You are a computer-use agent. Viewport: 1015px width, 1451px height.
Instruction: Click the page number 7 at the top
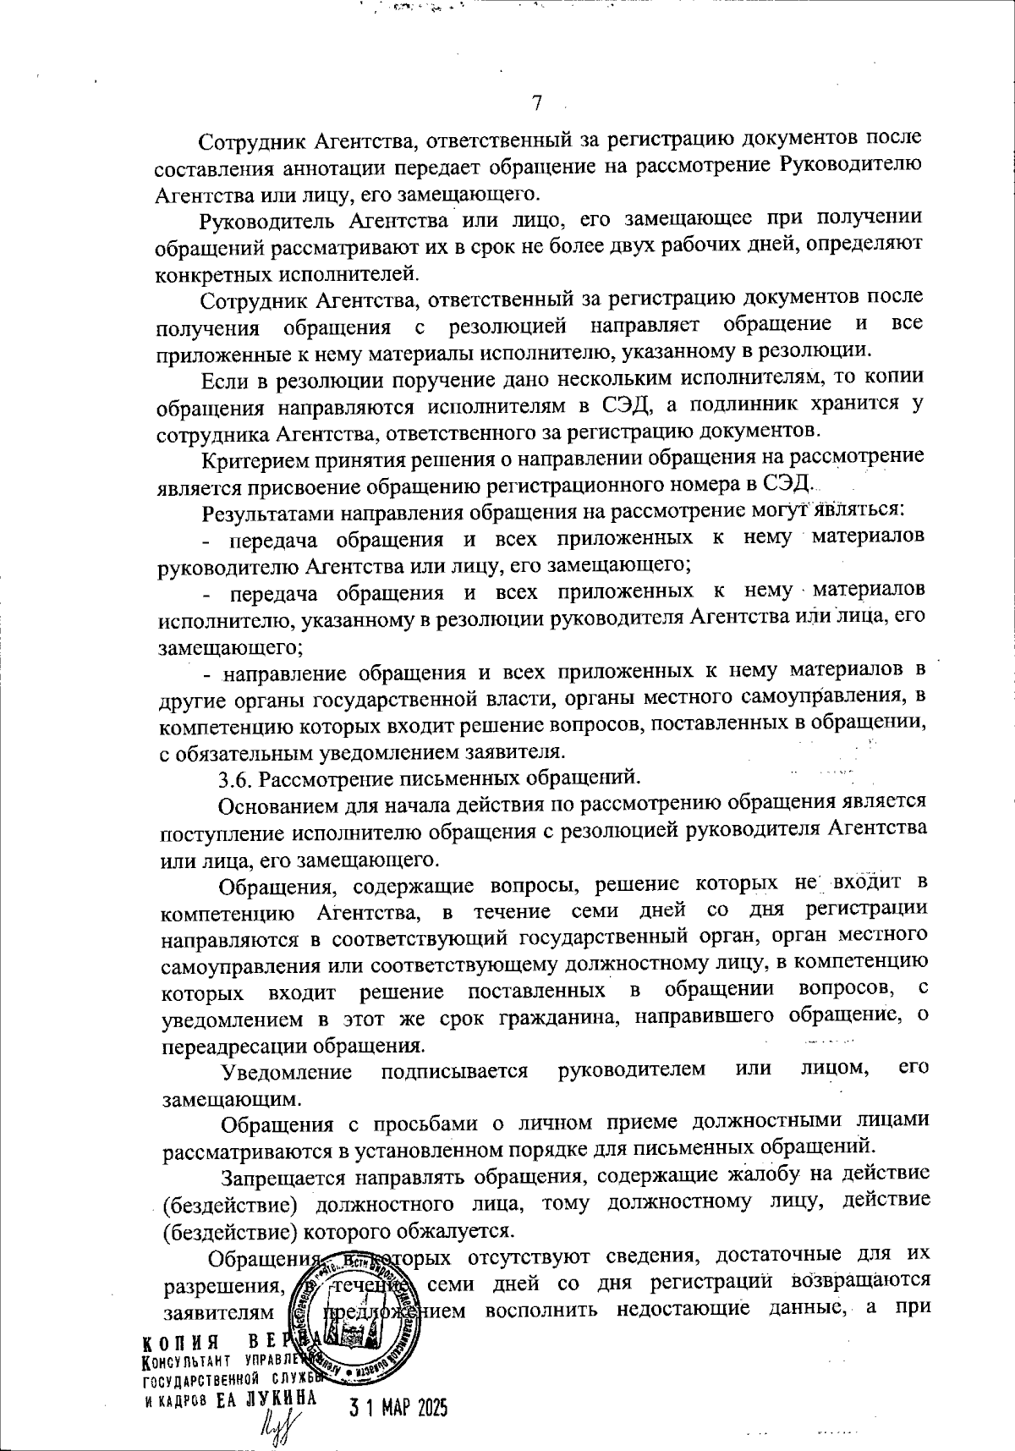[x=535, y=104]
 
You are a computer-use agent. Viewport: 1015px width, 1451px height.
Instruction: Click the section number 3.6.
[x=233, y=776]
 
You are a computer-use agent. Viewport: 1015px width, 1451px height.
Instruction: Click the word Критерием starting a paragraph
[x=246, y=459]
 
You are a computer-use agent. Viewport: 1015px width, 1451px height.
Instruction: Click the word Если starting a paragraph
[x=221, y=377]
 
